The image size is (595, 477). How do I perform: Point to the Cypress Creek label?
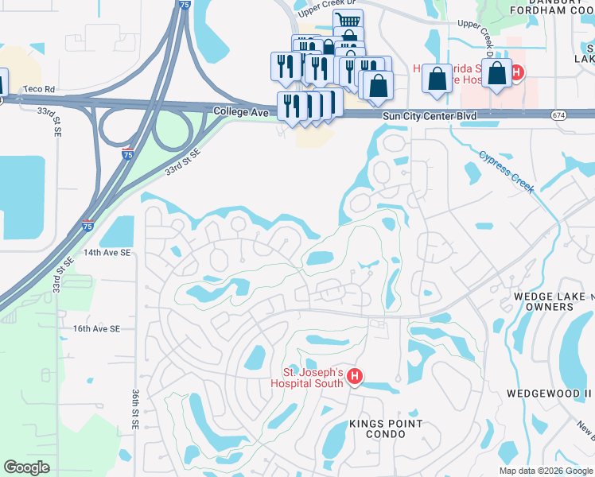507,172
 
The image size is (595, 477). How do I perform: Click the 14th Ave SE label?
107,252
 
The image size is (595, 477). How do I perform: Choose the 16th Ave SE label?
96,328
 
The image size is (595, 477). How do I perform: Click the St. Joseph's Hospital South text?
314,378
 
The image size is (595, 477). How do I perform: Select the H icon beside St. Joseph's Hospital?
356,378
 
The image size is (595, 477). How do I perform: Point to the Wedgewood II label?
550,394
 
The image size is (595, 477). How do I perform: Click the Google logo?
26,467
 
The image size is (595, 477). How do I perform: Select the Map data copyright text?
544,471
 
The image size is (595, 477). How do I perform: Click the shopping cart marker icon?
347,21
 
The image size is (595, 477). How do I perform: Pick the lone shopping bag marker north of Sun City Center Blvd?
437,78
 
